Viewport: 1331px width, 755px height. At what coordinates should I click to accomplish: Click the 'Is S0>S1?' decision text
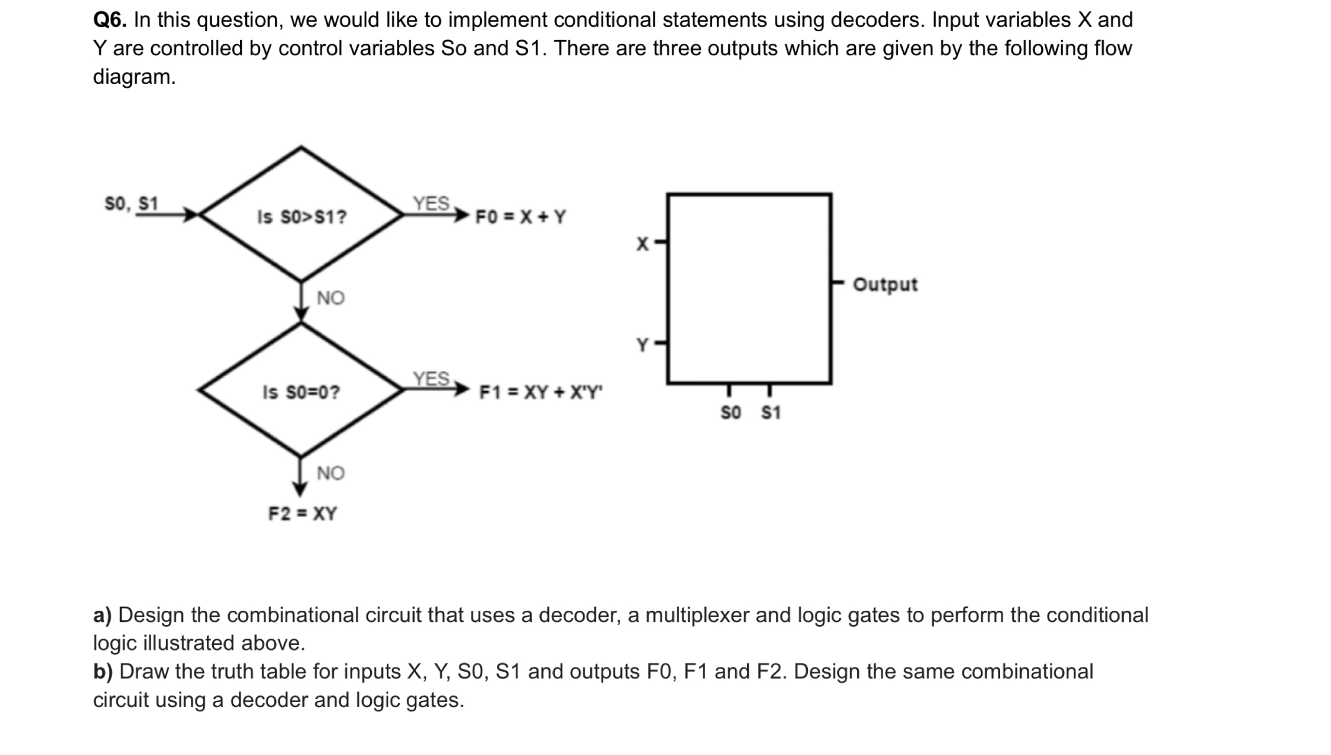click(302, 217)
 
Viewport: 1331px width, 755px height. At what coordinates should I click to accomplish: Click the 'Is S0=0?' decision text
click(301, 392)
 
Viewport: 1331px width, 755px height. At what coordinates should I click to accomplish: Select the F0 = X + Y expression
click(521, 217)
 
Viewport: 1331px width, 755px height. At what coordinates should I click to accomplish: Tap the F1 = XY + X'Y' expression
click(540, 392)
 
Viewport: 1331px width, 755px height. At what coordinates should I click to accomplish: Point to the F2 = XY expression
click(302, 514)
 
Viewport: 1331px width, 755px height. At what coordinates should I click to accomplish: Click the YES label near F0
click(431, 203)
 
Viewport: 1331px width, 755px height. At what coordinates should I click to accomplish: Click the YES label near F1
click(431, 379)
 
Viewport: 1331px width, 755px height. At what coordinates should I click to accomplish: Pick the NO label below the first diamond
click(330, 299)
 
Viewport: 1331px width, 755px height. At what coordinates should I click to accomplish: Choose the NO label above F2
click(330, 474)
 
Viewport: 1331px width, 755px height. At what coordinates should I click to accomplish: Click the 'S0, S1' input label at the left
click(131, 203)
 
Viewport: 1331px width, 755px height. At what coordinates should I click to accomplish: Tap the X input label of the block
click(642, 244)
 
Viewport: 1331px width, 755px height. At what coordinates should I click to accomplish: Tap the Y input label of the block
click(642, 345)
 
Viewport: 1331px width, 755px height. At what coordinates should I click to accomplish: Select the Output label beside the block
click(884, 285)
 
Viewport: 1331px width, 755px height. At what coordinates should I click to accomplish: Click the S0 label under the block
click(731, 413)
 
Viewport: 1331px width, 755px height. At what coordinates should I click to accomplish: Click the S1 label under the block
click(771, 413)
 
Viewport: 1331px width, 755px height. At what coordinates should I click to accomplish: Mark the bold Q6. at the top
click(109, 21)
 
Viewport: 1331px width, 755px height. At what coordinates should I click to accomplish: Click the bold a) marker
click(102, 615)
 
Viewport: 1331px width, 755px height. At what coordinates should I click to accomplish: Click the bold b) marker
click(103, 672)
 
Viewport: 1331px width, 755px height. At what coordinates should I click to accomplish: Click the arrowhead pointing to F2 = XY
click(300, 489)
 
